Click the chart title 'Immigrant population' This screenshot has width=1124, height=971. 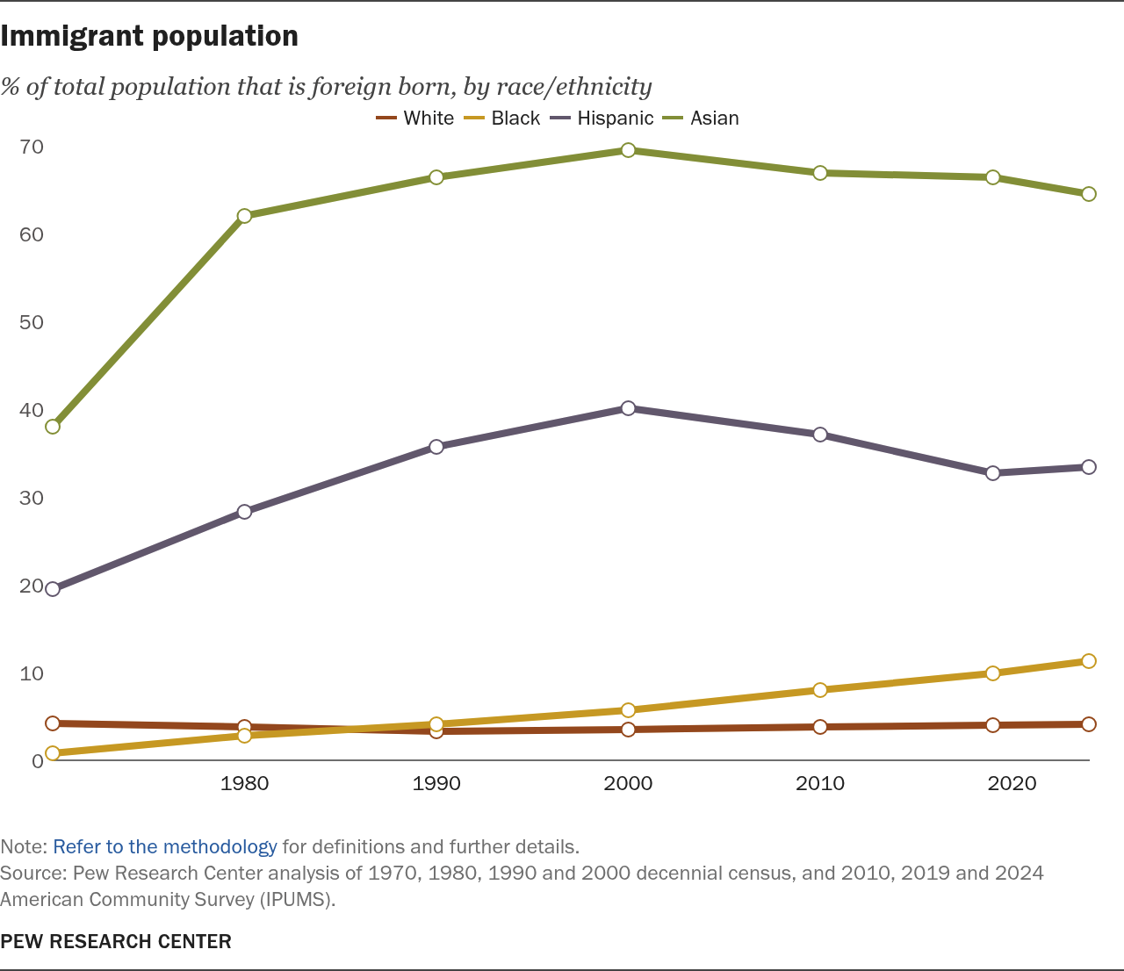pos(149,37)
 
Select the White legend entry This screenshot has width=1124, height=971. pos(414,118)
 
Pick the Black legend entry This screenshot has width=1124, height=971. pos(502,118)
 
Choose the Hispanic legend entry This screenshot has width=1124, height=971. pos(602,118)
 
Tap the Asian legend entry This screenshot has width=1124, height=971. pos(701,118)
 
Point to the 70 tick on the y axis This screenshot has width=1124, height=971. pos(32,147)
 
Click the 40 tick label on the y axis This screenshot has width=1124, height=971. pos(32,410)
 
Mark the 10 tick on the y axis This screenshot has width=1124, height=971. pos(32,673)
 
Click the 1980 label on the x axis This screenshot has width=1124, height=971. pos(245,783)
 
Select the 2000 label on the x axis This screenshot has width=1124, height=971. pos(628,783)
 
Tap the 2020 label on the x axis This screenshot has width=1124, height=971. pos(1012,783)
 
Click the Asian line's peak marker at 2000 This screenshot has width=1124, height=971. pos(628,150)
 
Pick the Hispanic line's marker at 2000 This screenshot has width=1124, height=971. pos(628,408)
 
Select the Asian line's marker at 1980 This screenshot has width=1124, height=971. pos(245,216)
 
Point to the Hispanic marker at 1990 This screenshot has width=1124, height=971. pos(436,447)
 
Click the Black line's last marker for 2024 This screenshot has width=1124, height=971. pos(1089,661)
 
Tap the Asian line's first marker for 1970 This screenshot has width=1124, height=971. pos(53,427)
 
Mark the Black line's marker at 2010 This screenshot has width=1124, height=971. pos(820,690)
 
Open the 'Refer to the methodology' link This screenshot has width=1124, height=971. pos(165,847)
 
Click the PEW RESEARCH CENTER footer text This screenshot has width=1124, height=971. pos(116,942)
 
